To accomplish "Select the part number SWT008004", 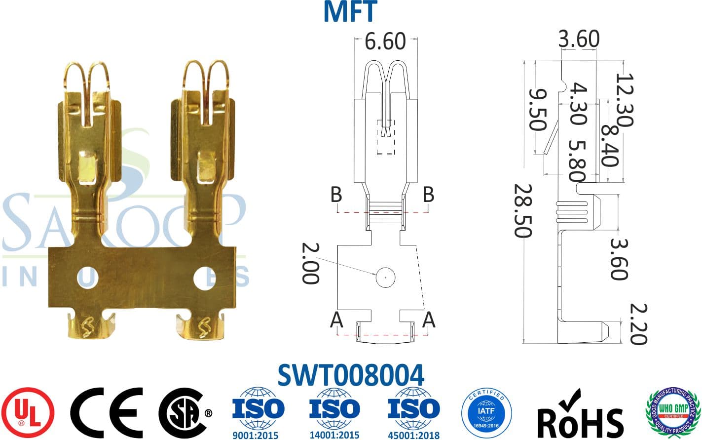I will click(350, 375).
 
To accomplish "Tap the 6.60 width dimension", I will click(385, 41).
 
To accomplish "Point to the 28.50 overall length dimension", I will click(523, 211).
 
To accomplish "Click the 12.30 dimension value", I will click(625, 100).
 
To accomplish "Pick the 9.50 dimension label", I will click(538, 109).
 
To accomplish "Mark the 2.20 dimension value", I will click(638, 324).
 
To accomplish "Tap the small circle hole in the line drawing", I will click(385, 278).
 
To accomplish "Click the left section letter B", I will click(336, 195).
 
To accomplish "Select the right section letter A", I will click(429, 320).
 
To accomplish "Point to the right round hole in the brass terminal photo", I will click(204, 279).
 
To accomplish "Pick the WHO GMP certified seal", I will click(674, 411).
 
